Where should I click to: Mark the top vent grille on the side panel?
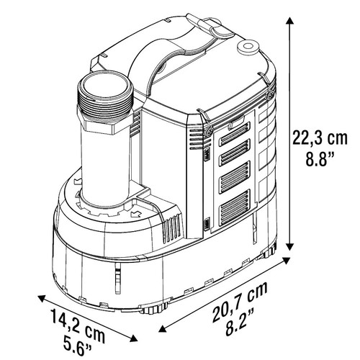tap(231, 132)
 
